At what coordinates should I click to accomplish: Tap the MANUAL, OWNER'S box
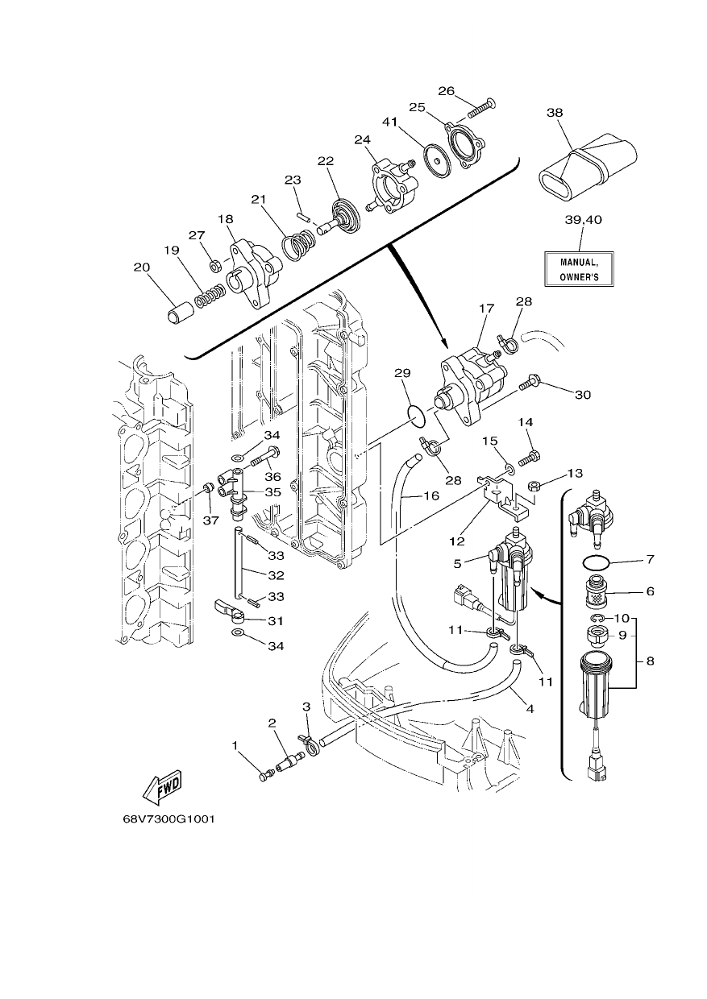click(579, 269)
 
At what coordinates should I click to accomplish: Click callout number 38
click(555, 113)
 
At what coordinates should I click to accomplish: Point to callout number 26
click(447, 91)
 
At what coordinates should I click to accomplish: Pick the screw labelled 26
click(482, 108)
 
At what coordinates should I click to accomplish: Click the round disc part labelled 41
click(437, 160)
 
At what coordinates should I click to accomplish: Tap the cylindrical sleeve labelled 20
click(180, 313)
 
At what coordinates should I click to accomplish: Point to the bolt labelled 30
click(530, 383)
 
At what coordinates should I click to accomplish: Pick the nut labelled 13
click(534, 485)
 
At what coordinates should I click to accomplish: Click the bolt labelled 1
click(265, 775)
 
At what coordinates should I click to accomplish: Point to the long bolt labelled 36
click(265, 456)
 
